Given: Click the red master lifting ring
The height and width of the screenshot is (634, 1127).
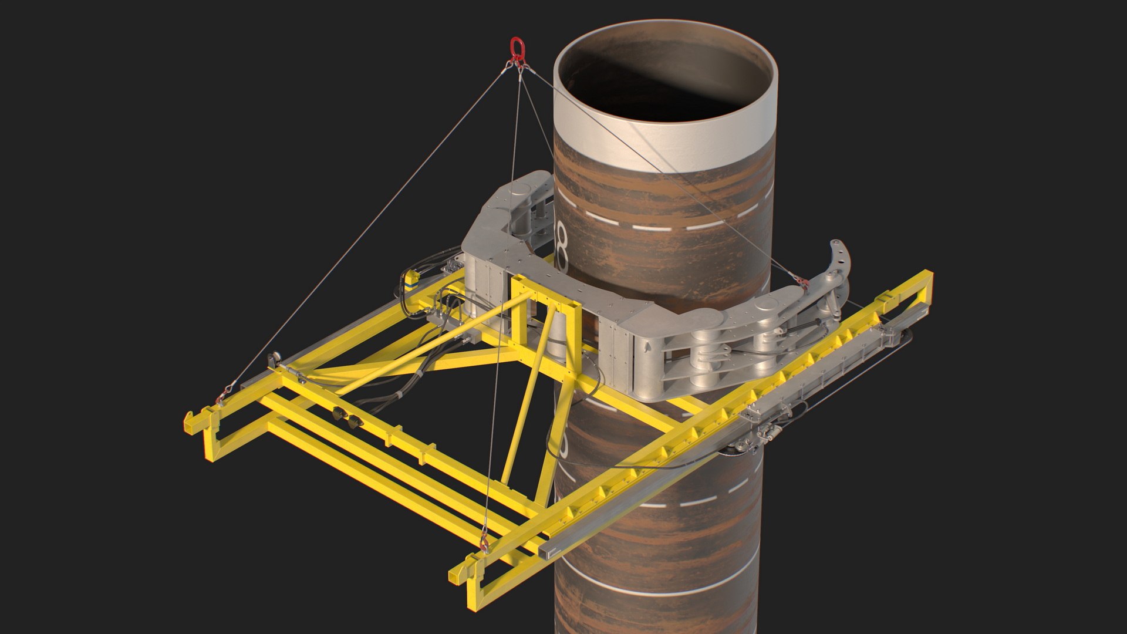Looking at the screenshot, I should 516,47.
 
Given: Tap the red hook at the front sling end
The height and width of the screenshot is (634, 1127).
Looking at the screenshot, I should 484,544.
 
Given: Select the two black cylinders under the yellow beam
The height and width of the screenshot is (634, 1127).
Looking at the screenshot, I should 347,417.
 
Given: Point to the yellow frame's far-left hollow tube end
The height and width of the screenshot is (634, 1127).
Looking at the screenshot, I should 190,423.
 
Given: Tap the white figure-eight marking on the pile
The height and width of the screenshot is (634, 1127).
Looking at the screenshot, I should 562,247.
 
